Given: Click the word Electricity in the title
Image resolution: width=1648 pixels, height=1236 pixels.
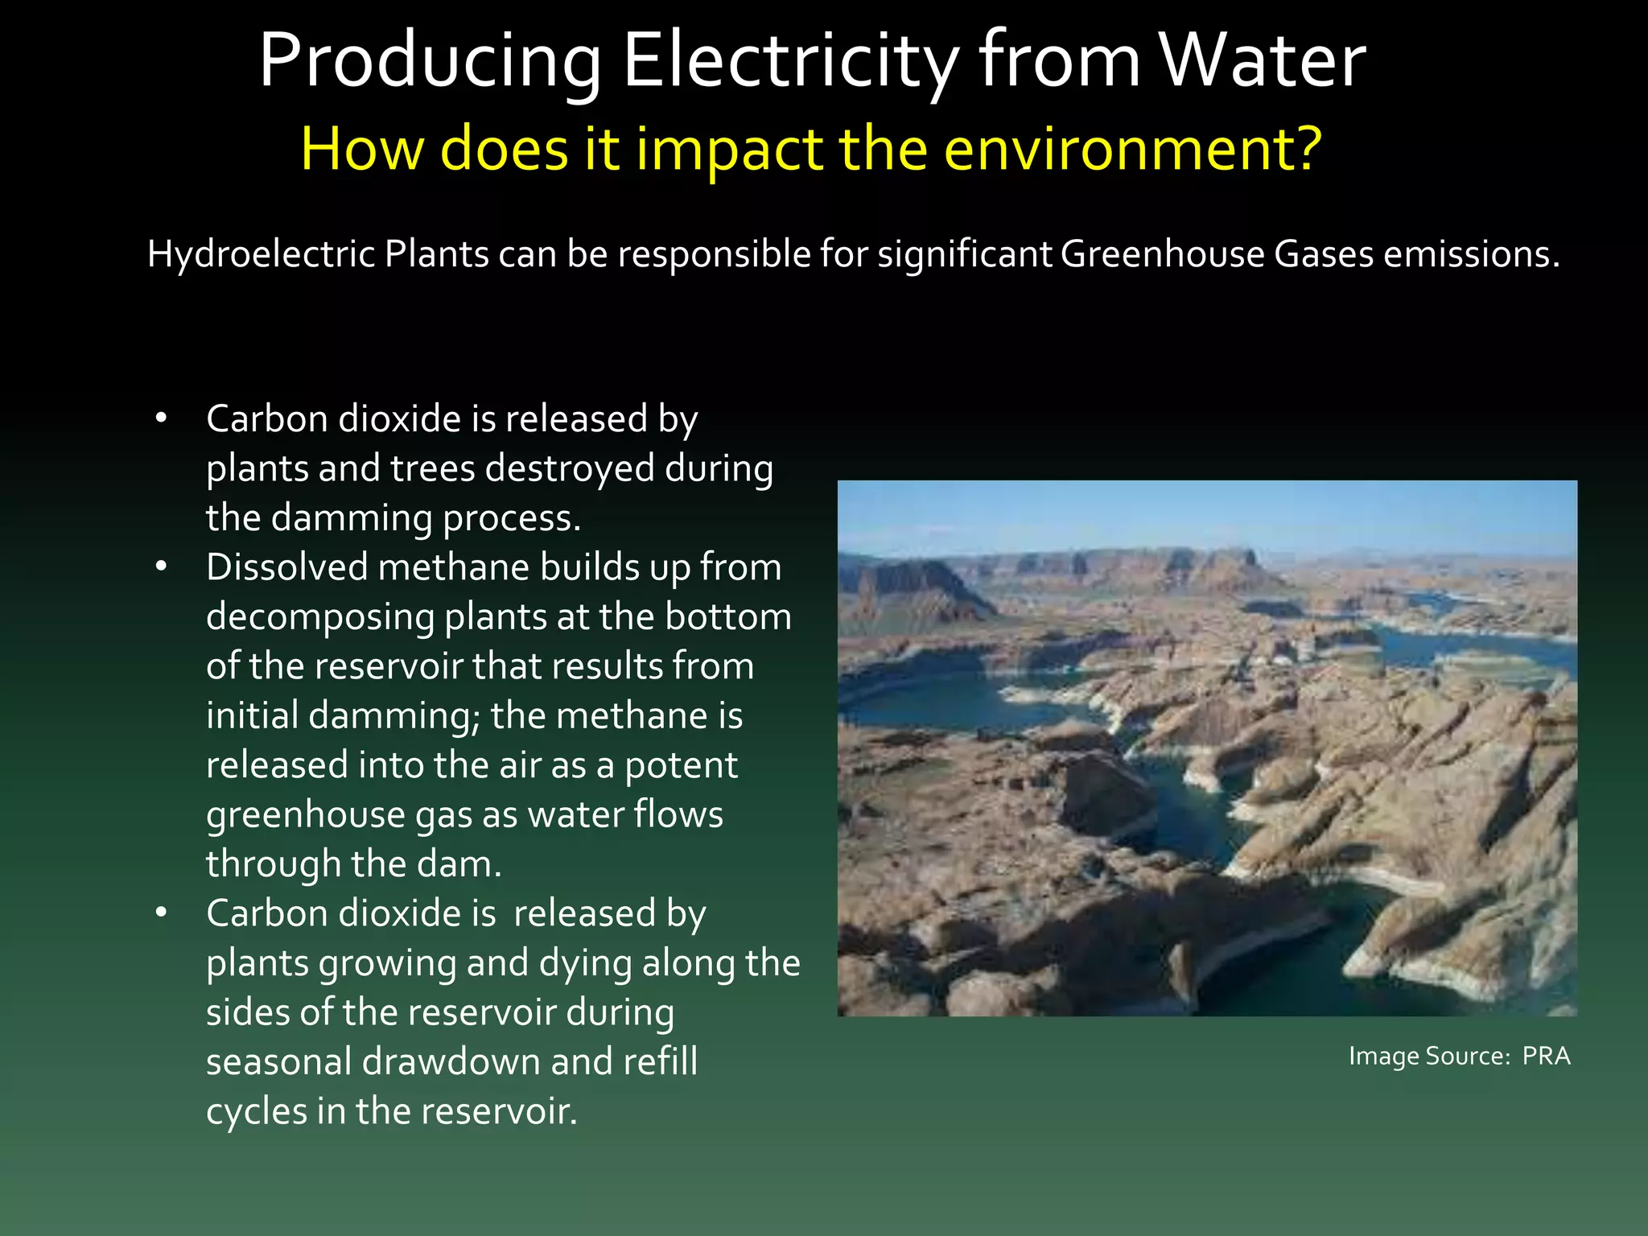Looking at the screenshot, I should click(x=791, y=61).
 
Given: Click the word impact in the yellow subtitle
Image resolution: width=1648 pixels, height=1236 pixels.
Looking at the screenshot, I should click(x=729, y=150).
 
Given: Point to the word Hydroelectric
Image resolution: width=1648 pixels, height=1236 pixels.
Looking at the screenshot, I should click(x=261, y=254).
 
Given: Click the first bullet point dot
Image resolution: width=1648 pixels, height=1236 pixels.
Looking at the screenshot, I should click(x=162, y=418).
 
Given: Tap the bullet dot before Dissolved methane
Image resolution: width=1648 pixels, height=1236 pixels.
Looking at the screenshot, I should click(x=162, y=567).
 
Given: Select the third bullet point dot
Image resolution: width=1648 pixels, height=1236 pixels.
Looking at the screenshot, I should click(x=162, y=913).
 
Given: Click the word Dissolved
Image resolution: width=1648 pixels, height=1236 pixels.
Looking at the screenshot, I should click(x=286, y=567).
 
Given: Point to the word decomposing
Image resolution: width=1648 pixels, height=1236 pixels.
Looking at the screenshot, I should click(x=319, y=618).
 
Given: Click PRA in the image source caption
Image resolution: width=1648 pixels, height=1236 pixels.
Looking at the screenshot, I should click(x=1546, y=1056).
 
